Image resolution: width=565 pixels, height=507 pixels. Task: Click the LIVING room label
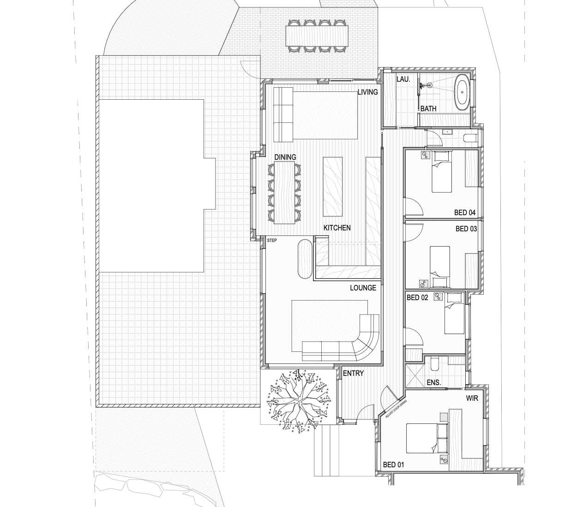pyautogui.click(x=367, y=92)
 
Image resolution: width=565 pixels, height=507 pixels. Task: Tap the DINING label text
pyautogui.click(x=285, y=157)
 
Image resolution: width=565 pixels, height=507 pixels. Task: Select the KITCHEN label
pyautogui.click(x=337, y=228)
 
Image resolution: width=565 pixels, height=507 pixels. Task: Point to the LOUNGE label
pyautogui.click(x=363, y=288)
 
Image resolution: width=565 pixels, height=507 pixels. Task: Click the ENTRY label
pyautogui.click(x=353, y=373)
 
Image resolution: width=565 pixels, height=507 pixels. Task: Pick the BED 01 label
pyautogui.click(x=393, y=465)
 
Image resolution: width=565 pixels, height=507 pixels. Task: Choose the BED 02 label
pyautogui.click(x=417, y=297)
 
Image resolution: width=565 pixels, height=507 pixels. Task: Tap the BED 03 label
pyautogui.click(x=466, y=229)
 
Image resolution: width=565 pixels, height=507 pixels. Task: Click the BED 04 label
pyautogui.click(x=465, y=212)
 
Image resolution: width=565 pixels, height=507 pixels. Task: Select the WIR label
pyautogui.click(x=472, y=398)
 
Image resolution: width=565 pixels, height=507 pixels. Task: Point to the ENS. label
pyautogui.click(x=433, y=382)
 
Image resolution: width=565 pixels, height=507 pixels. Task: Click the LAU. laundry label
pyautogui.click(x=403, y=79)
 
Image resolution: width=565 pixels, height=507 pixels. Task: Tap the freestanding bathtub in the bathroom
pyautogui.click(x=463, y=93)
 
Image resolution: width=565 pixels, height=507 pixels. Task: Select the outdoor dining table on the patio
pyautogui.click(x=317, y=36)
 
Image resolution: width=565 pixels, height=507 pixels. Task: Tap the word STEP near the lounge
pyautogui.click(x=271, y=240)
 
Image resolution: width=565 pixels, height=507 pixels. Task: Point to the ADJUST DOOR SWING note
pyautogui.click(x=396, y=409)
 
